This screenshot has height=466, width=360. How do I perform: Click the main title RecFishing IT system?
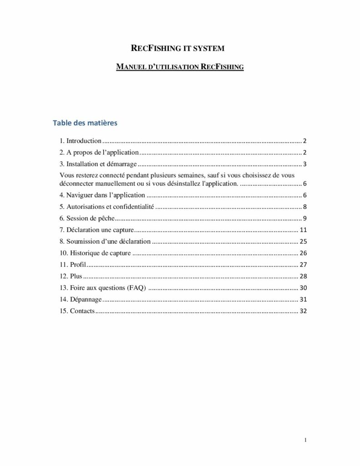point(180,48)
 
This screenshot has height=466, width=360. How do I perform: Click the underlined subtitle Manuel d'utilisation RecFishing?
point(180,67)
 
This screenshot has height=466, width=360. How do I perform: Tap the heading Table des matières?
point(85,123)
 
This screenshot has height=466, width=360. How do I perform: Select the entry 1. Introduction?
point(81,141)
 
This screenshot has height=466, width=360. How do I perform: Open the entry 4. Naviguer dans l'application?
point(102,195)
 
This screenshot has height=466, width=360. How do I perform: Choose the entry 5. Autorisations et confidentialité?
point(107,207)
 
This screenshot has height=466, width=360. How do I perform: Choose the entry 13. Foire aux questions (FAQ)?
point(103,288)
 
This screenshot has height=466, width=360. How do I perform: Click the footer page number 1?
point(306,440)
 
